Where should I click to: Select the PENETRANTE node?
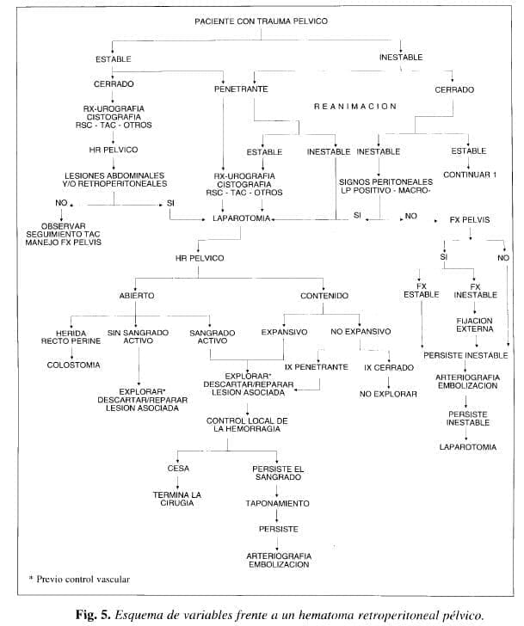(240, 89)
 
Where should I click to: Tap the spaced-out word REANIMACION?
(354, 107)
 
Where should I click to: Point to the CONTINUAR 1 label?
(470, 175)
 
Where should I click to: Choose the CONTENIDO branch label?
(324, 295)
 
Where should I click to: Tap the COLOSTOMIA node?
(73, 365)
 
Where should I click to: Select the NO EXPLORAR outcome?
(389, 393)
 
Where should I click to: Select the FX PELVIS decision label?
(470, 219)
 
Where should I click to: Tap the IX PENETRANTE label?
(316, 366)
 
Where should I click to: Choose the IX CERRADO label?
(390, 366)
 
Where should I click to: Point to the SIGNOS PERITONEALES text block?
(385, 187)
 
